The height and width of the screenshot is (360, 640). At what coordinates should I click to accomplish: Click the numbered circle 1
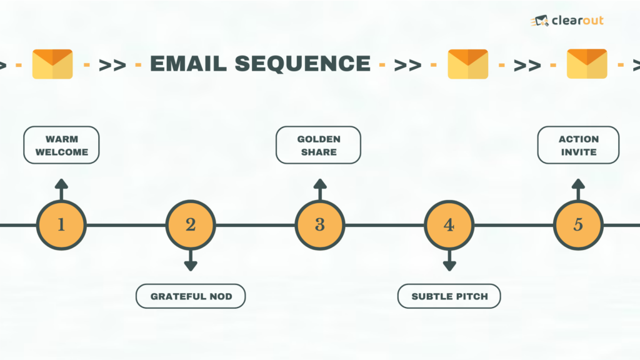click(x=61, y=225)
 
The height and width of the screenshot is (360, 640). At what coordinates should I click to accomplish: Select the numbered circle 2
click(x=191, y=225)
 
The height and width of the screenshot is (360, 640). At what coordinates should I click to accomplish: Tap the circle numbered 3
click(x=320, y=225)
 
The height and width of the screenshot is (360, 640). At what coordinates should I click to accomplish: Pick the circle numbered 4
click(x=449, y=225)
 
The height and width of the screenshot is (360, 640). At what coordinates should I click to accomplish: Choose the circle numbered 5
click(x=578, y=225)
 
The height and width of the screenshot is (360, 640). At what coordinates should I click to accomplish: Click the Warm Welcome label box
click(x=61, y=145)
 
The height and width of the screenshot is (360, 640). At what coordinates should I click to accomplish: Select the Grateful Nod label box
click(x=191, y=296)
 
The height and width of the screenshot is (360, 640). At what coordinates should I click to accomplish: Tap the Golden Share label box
click(x=318, y=145)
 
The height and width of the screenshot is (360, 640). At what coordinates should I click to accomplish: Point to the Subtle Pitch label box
click(x=449, y=296)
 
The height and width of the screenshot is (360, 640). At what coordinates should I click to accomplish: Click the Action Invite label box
click(x=578, y=145)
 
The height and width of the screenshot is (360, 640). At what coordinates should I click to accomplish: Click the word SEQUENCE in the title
click(x=302, y=64)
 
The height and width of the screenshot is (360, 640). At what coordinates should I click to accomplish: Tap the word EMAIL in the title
click(x=189, y=64)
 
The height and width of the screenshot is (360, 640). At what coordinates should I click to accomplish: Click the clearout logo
click(x=567, y=21)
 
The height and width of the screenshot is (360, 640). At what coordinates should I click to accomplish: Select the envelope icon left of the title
click(x=52, y=64)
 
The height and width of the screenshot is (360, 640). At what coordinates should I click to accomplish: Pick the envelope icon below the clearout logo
click(x=587, y=64)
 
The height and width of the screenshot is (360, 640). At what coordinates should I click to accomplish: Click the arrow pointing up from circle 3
click(x=320, y=189)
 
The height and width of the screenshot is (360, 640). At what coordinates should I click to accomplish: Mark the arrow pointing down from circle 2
click(x=191, y=261)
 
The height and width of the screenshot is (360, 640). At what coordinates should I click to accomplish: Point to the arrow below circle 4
click(x=449, y=261)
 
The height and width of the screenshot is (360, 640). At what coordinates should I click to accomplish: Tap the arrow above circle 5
click(x=578, y=189)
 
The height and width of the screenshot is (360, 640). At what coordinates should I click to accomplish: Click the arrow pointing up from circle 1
click(x=61, y=189)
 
